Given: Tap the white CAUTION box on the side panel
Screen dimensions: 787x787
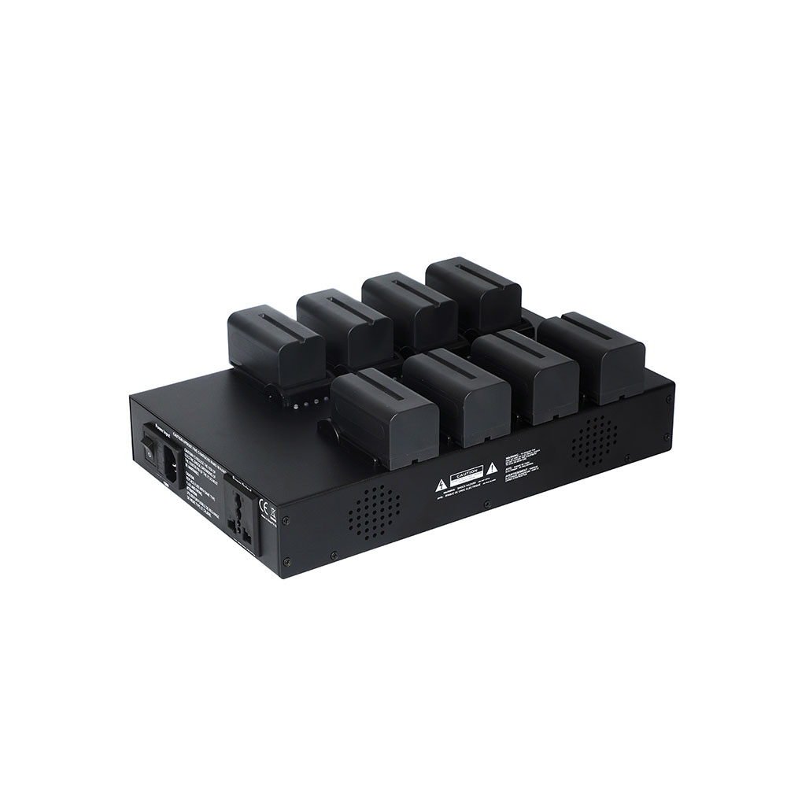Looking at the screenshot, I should coord(464,475).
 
